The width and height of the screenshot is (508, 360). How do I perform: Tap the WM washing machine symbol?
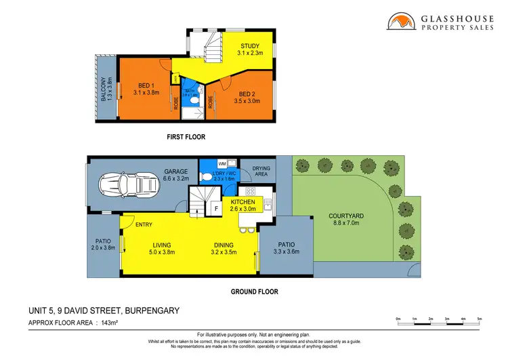221,164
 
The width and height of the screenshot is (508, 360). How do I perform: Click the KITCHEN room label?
242,203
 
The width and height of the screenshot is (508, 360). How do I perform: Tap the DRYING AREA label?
261,171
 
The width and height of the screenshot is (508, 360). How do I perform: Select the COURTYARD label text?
346,216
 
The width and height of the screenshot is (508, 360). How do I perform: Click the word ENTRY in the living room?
144,225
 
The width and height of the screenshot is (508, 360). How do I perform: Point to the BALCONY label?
104,89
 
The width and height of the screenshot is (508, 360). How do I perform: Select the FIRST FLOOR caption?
186,137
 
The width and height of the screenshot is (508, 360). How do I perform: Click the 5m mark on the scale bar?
480,319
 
